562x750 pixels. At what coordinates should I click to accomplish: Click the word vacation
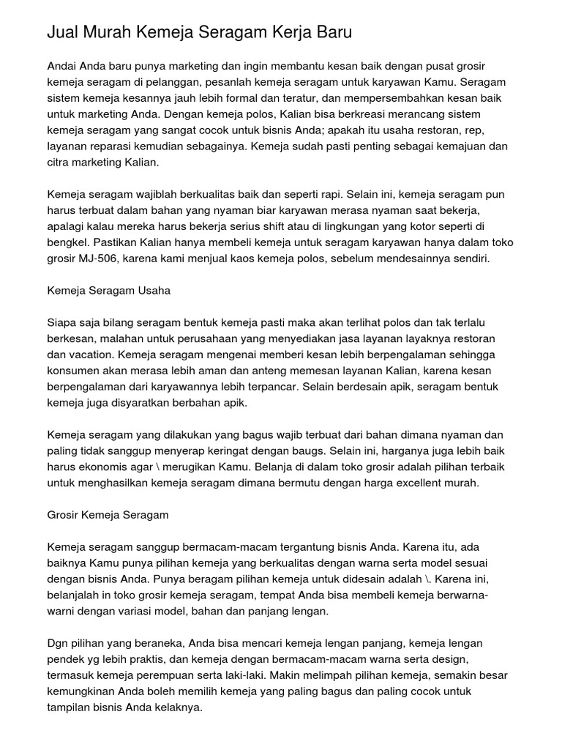[x=90, y=354]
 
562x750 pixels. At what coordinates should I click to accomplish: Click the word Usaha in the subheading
[x=154, y=291]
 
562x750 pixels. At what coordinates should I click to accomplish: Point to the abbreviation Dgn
[x=59, y=642]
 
